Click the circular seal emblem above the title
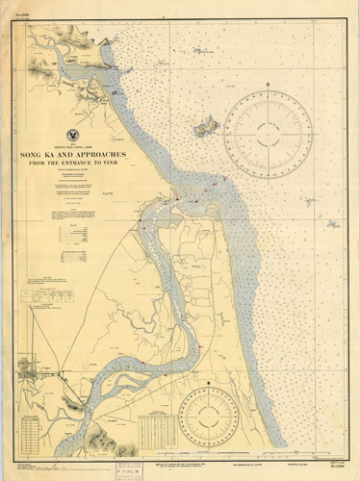coord(75,138)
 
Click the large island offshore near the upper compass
coord(205,125)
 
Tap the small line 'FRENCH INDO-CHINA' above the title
coord(75,145)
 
